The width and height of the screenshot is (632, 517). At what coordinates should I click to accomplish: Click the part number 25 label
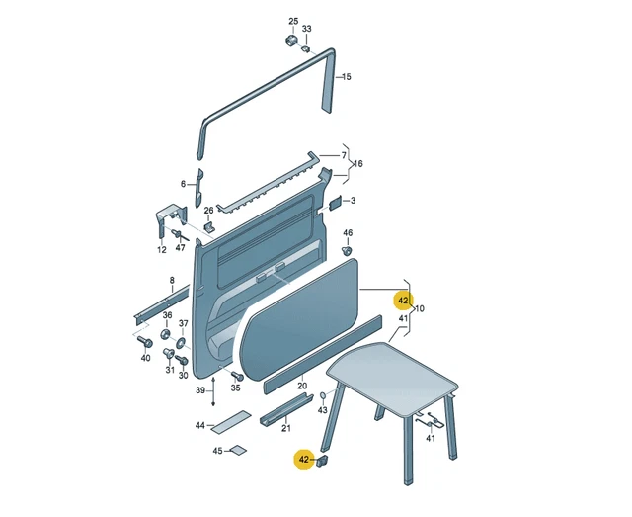[x=293, y=21]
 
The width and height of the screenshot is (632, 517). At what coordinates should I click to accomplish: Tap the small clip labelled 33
[x=306, y=49]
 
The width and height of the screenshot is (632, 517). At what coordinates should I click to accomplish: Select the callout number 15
[x=347, y=77]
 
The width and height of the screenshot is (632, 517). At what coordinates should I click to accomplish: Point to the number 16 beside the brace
[x=357, y=163]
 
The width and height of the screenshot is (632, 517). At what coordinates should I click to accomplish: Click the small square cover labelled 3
[x=336, y=203]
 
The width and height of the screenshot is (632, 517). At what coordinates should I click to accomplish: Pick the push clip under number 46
[x=347, y=251]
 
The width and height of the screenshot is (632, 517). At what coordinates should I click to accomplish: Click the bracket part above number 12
[x=171, y=221]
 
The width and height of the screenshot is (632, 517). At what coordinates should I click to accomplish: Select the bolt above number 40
[x=145, y=341]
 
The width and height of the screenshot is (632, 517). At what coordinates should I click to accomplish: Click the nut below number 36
[x=166, y=334]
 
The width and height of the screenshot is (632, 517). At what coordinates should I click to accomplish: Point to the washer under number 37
[x=181, y=343]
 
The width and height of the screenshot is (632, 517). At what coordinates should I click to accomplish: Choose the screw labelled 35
[x=237, y=377]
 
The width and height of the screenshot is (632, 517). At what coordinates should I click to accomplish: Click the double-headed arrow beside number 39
[x=213, y=391]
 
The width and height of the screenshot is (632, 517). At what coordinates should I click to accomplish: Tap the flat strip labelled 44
[x=231, y=422]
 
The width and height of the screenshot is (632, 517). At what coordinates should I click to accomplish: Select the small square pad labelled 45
[x=237, y=450]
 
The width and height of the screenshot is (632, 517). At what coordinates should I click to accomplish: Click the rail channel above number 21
[x=286, y=409]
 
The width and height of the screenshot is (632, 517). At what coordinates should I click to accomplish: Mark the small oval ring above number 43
[x=323, y=395]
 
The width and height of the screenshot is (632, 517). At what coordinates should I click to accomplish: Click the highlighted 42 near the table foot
[x=304, y=460]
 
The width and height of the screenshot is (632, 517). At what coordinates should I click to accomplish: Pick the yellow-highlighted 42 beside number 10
[x=403, y=301]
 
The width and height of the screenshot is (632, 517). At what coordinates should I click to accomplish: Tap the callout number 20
[x=302, y=386]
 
